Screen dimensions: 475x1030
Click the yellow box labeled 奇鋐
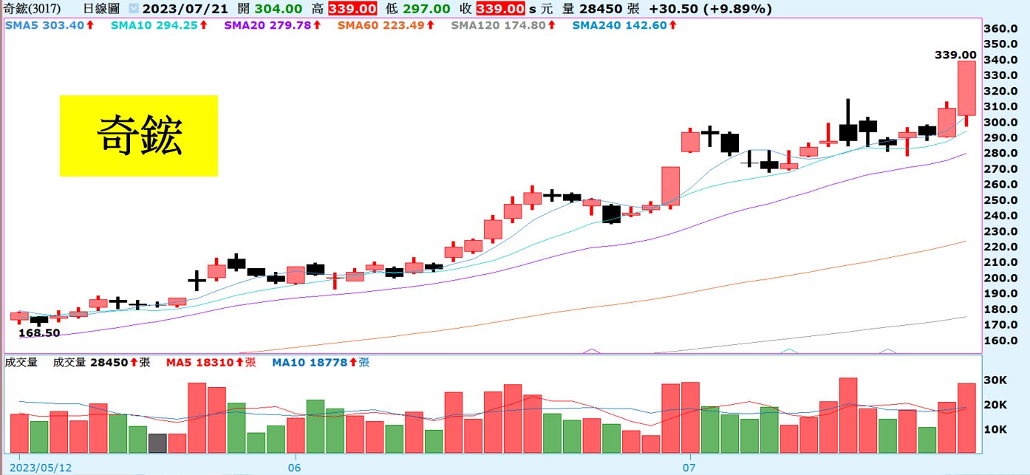(138, 135)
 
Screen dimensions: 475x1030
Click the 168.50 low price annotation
(39, 333)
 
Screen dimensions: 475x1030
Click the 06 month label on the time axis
(294, 468)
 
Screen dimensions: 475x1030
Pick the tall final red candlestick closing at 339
(966, 88)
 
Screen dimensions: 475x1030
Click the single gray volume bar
(157, 442)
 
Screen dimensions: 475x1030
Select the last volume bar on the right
(966, 418)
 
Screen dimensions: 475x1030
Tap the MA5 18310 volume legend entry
(211, 363)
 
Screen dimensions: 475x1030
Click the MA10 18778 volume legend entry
(321, 363)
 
